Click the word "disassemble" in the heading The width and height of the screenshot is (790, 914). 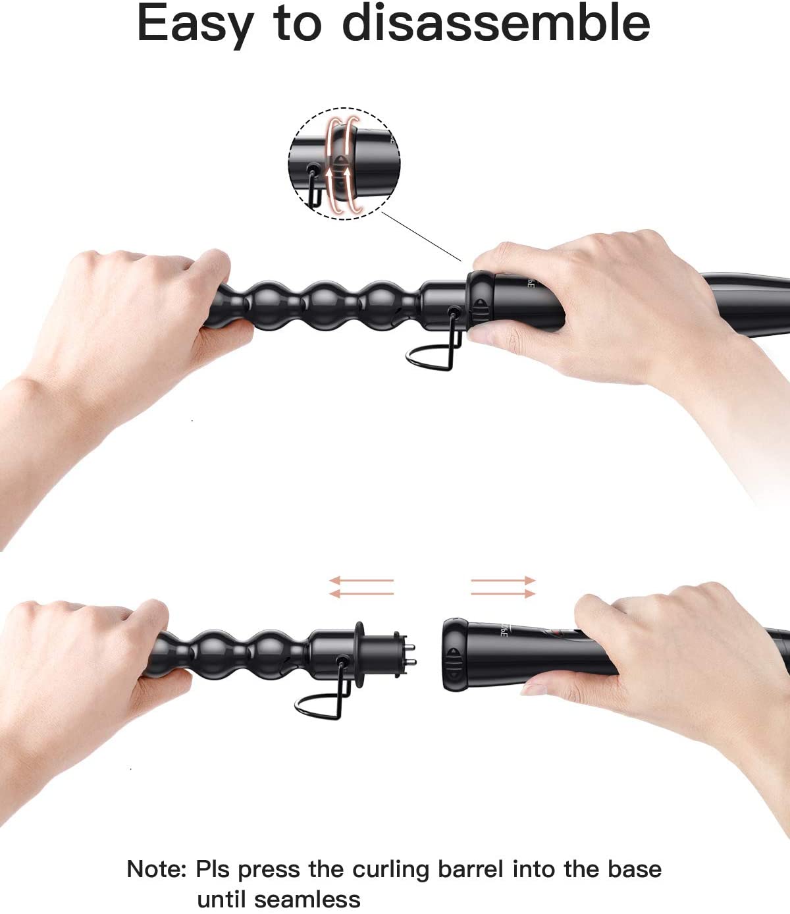pyautogui.click(x=496, y=23)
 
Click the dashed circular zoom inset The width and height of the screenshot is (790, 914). pyautogui.click(x=344, y=163)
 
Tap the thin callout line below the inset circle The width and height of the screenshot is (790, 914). pyautogui.click(x=421, y=236)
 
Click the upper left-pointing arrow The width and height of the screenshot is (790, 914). pyautogui.click(x=361, y=579)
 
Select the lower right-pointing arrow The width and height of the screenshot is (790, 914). pyautogui.click(x=503, y=593)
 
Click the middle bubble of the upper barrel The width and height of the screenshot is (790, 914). pyautogui.click(x=325, y=306)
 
